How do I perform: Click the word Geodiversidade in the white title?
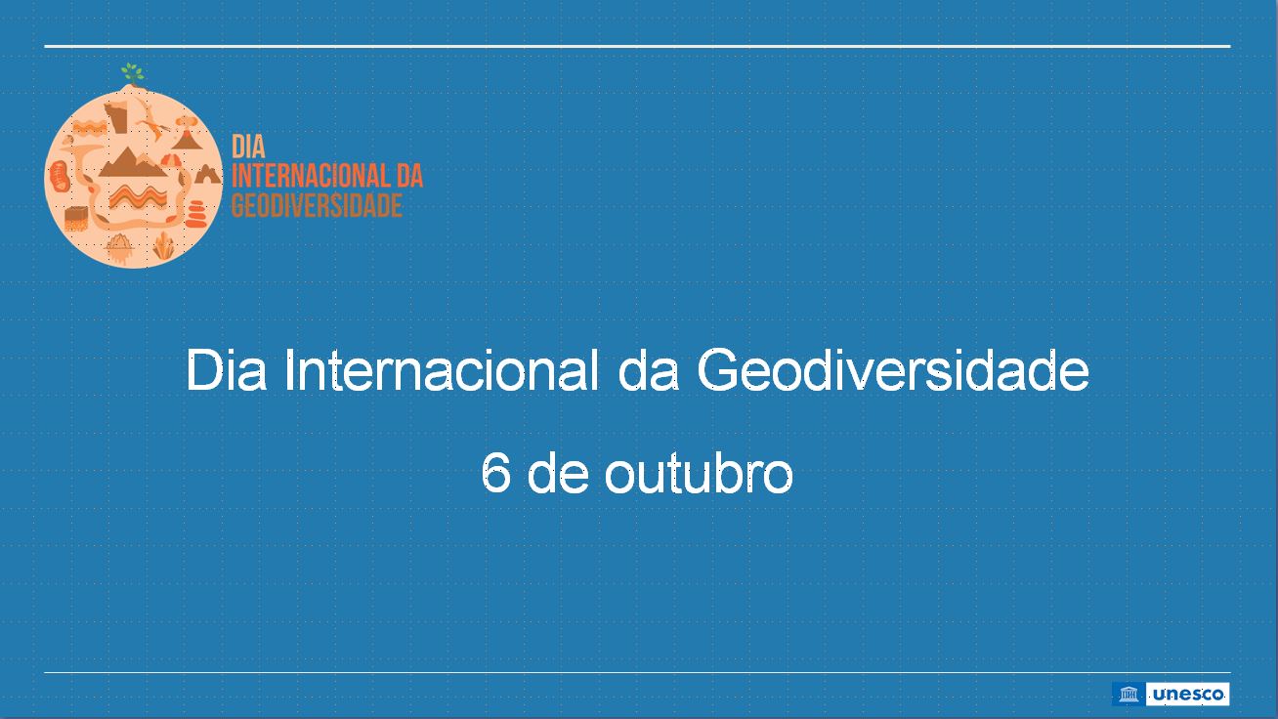coord(893,370)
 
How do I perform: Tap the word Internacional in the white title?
coord(442,370)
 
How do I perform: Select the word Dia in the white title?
coord(226,370)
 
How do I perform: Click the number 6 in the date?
coord(495,473)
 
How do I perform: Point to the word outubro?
coord(699,473)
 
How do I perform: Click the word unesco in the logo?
coord(1188,695)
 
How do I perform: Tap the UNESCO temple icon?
coord(1129,695)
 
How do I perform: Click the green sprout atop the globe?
coord(132,73)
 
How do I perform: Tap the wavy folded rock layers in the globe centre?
coord(138,197)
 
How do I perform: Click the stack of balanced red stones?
coord(195,214)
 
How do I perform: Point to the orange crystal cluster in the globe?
coord(164,246)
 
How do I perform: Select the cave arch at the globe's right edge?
coord(208,174)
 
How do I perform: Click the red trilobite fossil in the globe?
coord(60,176)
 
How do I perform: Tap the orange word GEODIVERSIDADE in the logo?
coord(317,205)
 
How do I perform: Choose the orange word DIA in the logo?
coord(249,147)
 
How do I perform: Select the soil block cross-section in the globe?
coord(76,219)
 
